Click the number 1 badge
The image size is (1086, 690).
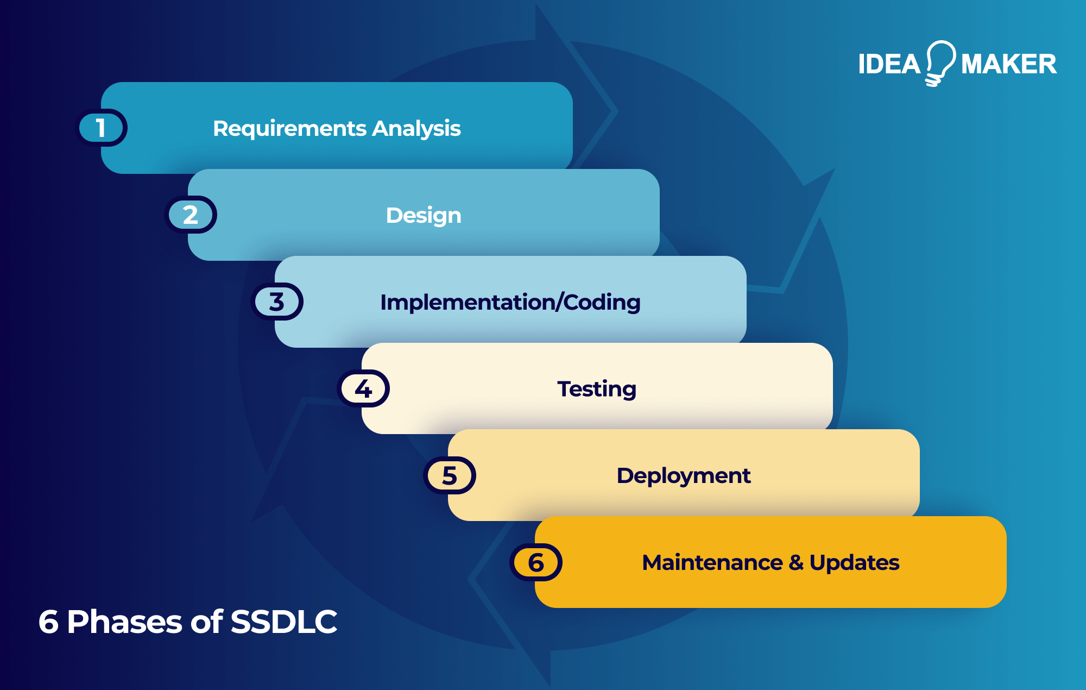click(x=101, y=128)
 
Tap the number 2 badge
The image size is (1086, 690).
click(x=191, y=215)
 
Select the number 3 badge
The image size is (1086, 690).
click(x=277, y=302)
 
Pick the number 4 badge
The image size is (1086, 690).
click(x=363, y=388)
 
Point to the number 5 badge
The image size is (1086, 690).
click(x=450, y=475)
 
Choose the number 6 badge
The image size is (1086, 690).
click(x=536, y=562)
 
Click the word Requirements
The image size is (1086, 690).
click(x=289, y=129)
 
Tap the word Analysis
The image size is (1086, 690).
click(x=416, y=129)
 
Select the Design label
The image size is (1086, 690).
click(x=424, y=216)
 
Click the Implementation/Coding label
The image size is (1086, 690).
click(x=510, y=302)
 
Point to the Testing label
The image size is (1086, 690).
click(x=597, y=389)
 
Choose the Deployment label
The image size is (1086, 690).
click(x=684, y=476)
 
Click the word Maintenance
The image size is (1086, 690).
click(x=712, y=562)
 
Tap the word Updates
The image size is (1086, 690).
click(x=854, y=562)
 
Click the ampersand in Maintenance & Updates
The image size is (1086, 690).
click(x=796, y=562)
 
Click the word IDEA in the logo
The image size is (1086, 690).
click(x=889, y=64)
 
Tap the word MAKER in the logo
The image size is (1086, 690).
click(x=1008, y=64)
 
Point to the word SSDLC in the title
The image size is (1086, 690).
click(x=283, y=622)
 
